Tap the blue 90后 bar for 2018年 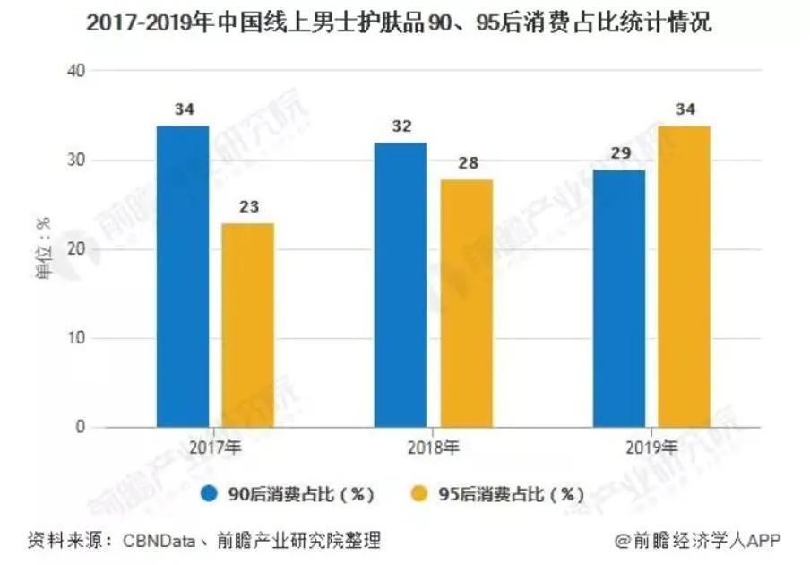401,285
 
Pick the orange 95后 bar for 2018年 466,303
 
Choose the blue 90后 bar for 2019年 619,298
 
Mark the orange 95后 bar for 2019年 685,276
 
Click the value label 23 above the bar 248,206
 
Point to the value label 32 401,126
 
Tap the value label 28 466,162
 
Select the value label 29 619,152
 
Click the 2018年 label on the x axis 434,446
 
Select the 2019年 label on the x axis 652,446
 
